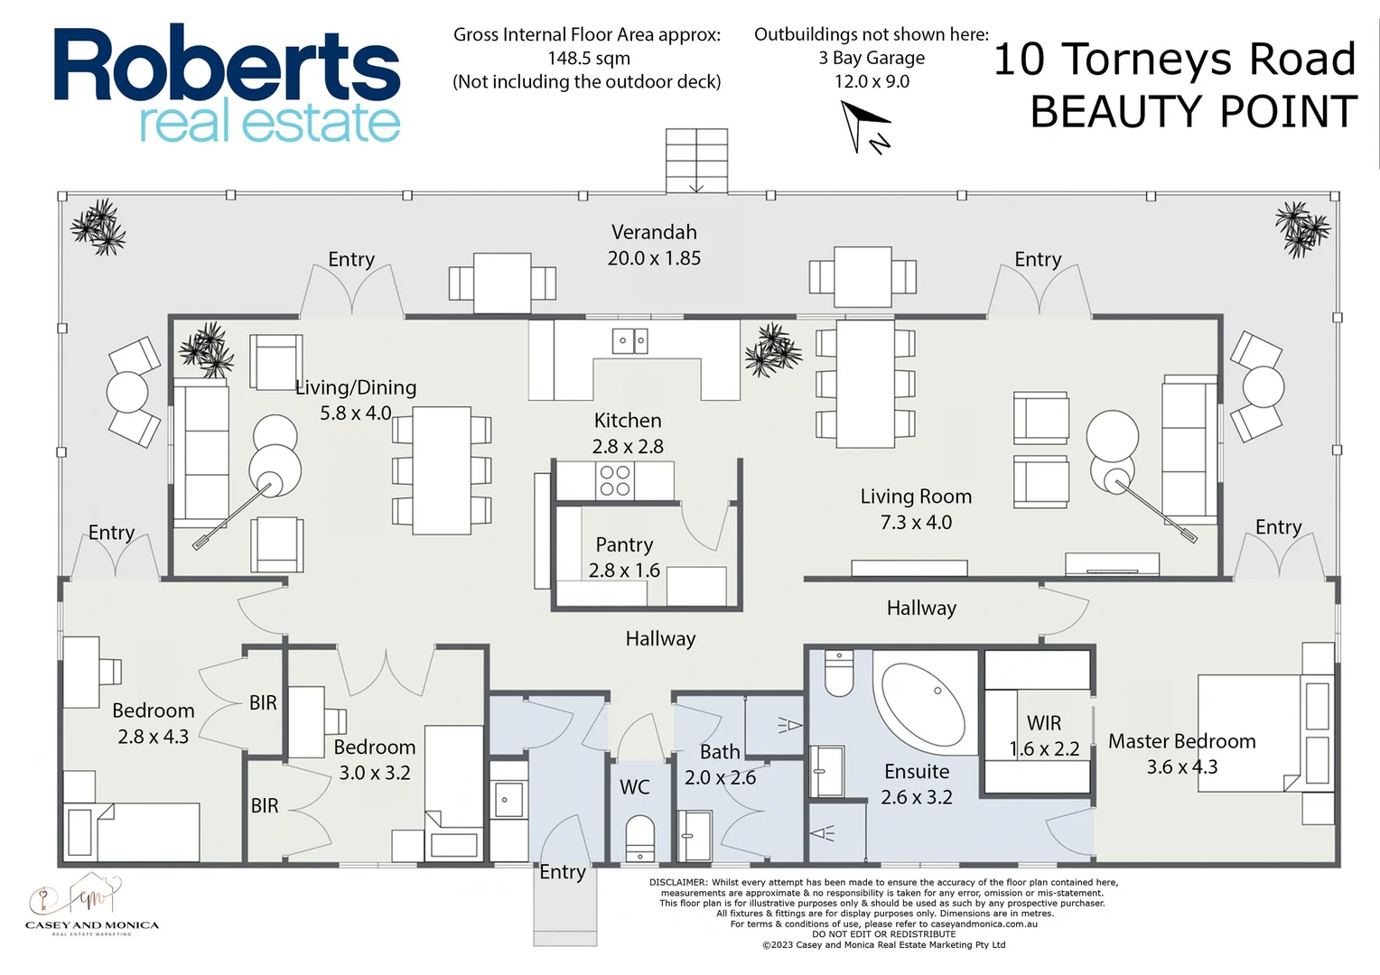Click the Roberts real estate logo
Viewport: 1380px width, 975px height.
[x=227, y=83]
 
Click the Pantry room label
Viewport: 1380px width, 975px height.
[x=624, y=557]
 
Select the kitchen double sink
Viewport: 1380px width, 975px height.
[x=629, y=341]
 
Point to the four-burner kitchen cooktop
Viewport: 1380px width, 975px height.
[x=615, y=480]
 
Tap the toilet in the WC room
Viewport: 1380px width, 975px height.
[x=639, y=839]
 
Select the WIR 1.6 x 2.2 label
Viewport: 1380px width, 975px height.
[x=1044, y=736]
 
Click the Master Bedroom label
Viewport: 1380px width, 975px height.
[x=1181, y=753]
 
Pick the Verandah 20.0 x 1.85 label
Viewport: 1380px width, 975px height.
[x=654, y=245]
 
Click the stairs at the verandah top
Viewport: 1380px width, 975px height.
[x=696, y=160]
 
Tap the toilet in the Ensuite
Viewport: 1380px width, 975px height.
[x=839, y=673]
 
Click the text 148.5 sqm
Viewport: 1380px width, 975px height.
[x=588, y=58]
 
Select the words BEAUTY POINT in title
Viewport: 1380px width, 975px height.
[x=1193, y=112]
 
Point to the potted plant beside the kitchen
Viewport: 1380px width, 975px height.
[x=773, y=350]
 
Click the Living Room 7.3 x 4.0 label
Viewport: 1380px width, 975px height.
[x=916, y=508]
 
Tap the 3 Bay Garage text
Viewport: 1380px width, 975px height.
[x=872, y=58]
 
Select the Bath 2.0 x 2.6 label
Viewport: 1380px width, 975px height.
[x=720, y=764]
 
